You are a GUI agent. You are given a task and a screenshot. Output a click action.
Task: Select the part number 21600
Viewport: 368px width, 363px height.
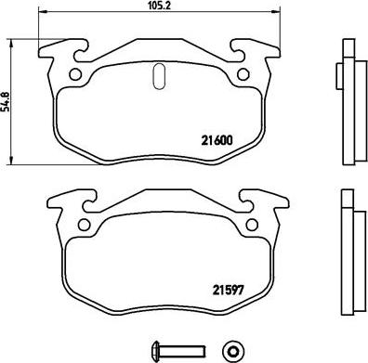[217, 142]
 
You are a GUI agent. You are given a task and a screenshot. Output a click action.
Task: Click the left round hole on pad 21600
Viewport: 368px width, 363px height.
[71, 75]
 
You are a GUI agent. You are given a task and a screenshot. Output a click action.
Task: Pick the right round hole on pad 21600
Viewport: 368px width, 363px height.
[243, 75]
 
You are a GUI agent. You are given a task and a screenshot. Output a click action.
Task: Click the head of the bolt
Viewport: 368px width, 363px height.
[152, 348]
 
